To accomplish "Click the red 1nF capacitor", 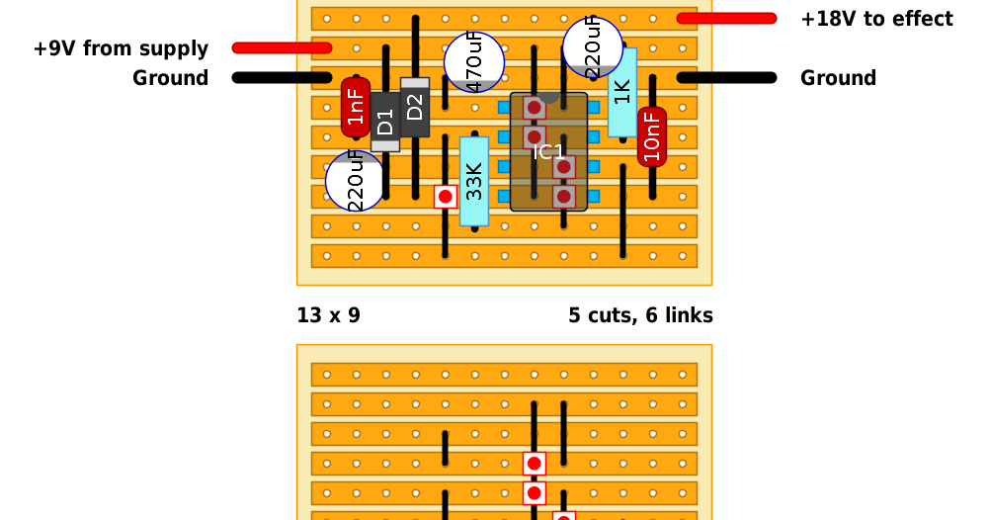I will (x=356, y=107).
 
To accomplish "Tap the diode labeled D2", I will (x=415, y=107).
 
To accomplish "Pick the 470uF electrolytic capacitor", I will (x=473, y=62).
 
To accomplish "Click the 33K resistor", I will (x=474, y=181).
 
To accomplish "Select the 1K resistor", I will (x=622, y=92).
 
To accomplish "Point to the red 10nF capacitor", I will (x=652, y=136).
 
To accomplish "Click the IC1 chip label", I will (x=548, y=152).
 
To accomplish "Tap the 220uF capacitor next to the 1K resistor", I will (x=593, y=46).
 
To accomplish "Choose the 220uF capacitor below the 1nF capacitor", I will (x=356, y=181).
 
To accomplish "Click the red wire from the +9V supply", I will (x=282, y=47).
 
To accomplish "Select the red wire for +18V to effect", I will (x=726, y=18).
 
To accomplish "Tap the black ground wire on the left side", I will (x=282, y=77).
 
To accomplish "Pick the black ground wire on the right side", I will (x=726, y=77).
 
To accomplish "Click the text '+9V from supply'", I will (x=121, y=48).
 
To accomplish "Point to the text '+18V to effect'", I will (x=876, y=19).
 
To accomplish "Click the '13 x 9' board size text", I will (x=328, y=315).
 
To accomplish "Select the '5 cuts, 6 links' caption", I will (x=640, y=315).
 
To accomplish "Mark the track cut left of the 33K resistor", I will (x=446, y=197).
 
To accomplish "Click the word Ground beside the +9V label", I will (x=170, y=78).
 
